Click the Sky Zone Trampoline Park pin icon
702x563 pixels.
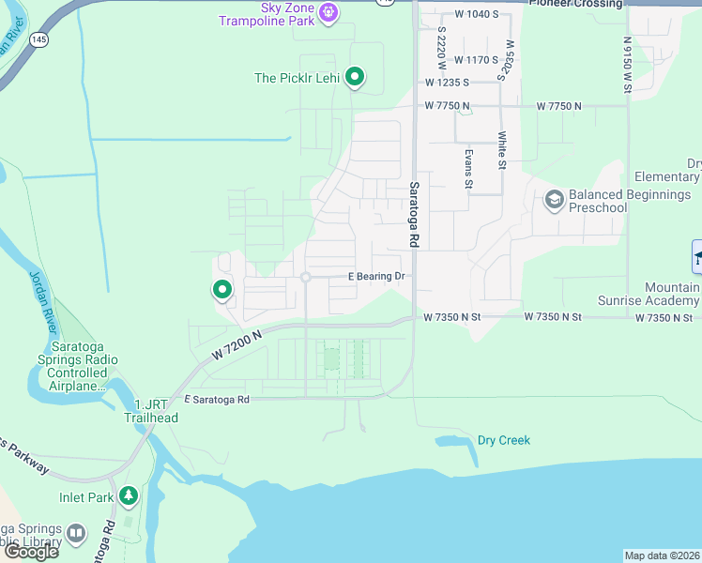pos(328,11)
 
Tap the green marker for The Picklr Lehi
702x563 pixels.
pos(355,77)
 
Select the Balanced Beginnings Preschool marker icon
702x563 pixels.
pos(555,199)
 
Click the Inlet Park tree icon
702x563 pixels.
pos(128,496)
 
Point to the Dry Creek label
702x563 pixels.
pos(503,440)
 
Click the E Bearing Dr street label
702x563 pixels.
pos(375,276)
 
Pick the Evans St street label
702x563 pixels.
pos(466,167)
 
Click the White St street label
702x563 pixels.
pos(503,150)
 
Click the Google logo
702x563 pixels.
pos(30,552)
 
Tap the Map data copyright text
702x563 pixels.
pos(662,555)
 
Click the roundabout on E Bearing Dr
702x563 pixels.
pos(306,277)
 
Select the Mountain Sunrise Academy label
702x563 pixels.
pos(648,294)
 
